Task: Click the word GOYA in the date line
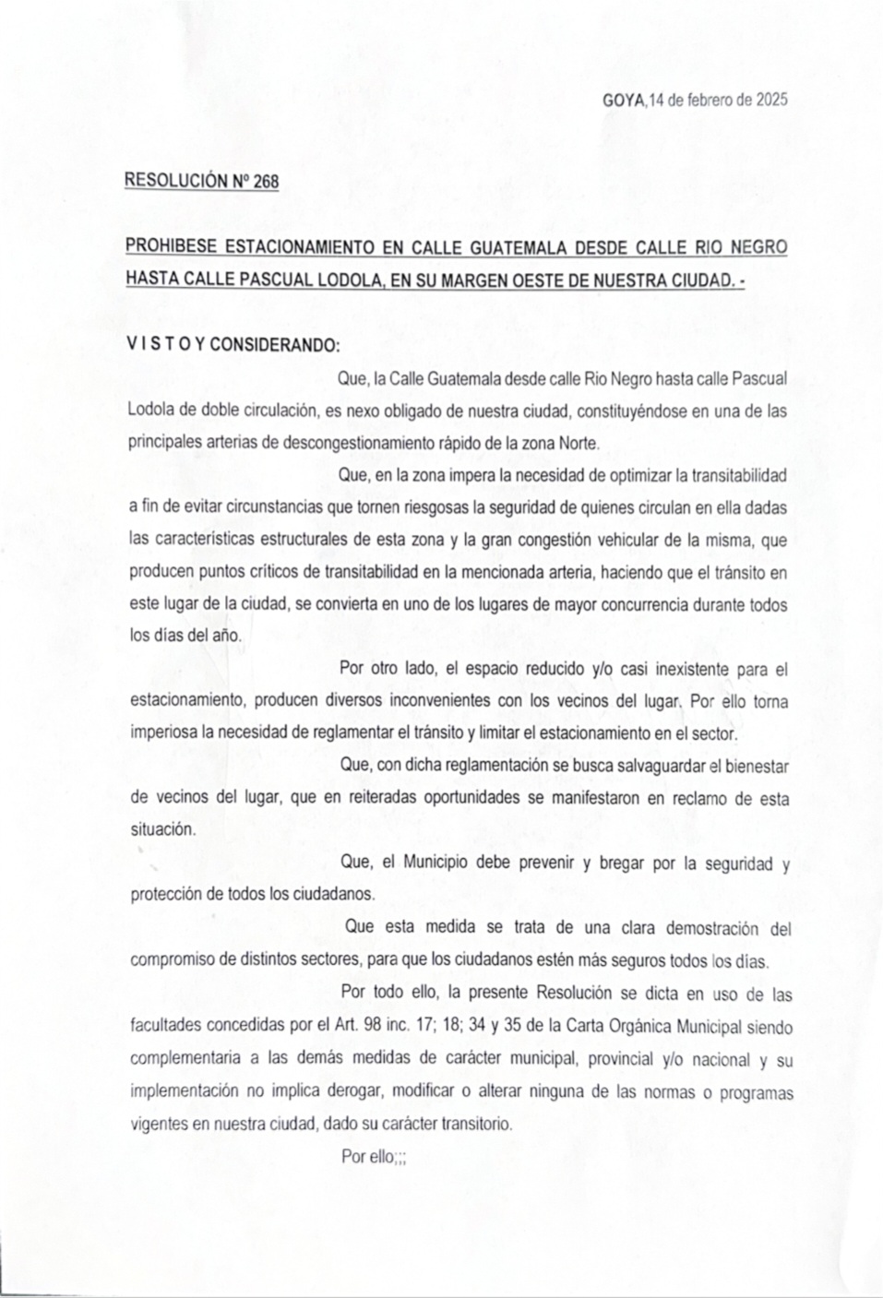point(625,101)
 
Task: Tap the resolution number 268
point(266,182)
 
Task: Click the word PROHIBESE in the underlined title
point(174,247)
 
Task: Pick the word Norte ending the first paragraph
point(579,442)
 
